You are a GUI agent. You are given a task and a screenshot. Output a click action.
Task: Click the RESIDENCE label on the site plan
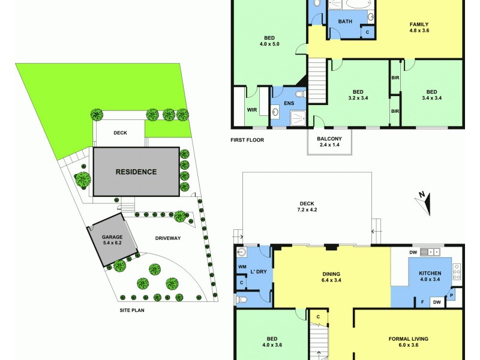tap(136, 172)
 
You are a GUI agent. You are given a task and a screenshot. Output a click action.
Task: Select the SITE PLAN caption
tap(132, 310)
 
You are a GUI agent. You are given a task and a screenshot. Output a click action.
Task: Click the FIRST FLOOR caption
tap(247, 140)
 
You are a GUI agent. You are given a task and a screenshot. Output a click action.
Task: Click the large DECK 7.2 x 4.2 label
tap(307, 206)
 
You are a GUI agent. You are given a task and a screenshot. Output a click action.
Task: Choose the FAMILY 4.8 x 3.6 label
tap(419, 27)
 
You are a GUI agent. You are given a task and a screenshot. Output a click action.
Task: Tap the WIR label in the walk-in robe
tap(252, 110)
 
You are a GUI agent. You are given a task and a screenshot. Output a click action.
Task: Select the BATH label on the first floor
tap(345, 22)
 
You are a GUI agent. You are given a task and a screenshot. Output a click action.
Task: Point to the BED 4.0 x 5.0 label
tap(269, 40)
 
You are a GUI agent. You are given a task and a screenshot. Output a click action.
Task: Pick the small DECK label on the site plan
tap(120, 133)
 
